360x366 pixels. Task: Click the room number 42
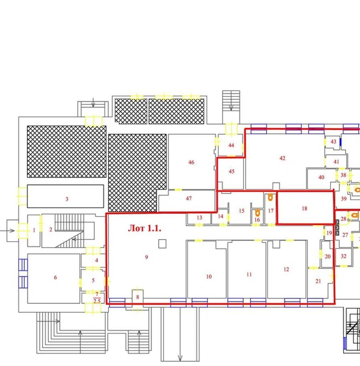(282, 158)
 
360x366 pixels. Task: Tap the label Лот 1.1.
(144, 228)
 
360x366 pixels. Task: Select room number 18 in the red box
(304, 209)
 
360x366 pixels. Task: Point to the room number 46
(191, 162)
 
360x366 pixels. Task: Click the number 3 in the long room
(67, 199)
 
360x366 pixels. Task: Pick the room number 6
(55, 277)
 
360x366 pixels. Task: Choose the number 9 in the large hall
(146, 257)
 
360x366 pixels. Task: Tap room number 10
(209, 277)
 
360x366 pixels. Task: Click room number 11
(249, 275)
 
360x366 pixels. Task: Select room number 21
(318, 281)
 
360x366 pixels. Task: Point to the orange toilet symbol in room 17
(270, 197)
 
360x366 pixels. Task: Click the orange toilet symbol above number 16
(258, 213)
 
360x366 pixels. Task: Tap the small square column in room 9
(162, 244)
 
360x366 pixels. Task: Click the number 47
(189, 199)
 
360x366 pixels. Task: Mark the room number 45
(232, 171)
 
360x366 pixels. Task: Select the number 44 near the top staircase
(231, 145)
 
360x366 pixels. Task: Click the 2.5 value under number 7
(97, 301)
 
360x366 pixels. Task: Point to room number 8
(138, 297)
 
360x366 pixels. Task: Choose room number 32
(344, 256)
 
